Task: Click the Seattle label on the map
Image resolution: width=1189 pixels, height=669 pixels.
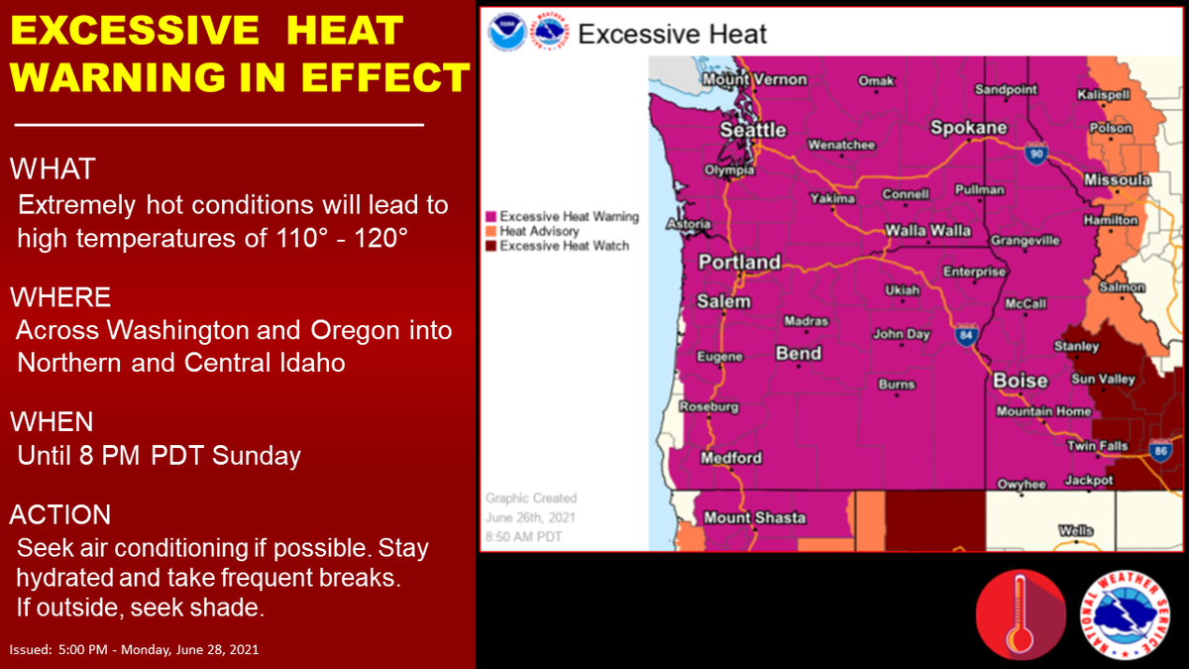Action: tap(753, 130)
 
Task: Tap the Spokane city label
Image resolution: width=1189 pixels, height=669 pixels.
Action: tap(969, 128)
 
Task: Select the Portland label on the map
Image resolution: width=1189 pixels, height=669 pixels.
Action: tap(739, 262)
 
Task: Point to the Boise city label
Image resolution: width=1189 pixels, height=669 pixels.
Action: tap(1021, 381)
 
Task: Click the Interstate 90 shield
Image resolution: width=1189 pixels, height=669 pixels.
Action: tap(1035, 154)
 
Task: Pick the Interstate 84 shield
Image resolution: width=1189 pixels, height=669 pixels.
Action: tap(965, 335)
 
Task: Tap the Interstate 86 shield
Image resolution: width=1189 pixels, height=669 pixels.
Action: tap(1160, 451)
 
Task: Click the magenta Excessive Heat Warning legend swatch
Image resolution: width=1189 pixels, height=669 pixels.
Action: tap(491, 217)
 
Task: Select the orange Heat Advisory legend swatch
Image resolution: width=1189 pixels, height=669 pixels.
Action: tap(491, 232)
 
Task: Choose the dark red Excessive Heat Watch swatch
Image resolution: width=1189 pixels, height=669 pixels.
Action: tap(491, 246)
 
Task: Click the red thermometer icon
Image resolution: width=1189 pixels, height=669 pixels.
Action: tap(1021, 614)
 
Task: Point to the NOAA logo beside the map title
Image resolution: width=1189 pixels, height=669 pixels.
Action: tap(507, 33)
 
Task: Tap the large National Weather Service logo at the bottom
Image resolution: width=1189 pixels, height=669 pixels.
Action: tap(1125, 614)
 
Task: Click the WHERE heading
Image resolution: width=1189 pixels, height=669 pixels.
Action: tap(60, 296)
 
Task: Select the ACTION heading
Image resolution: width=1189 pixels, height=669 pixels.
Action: tap(60, 514)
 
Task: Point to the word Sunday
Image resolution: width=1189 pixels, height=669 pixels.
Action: tap(257, 456)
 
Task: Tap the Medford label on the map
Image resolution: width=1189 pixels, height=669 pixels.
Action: tap(731, 458)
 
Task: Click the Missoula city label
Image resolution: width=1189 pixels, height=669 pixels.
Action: tap(1118, 180)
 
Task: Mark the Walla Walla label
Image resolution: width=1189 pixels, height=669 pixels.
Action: tap(928, 231)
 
